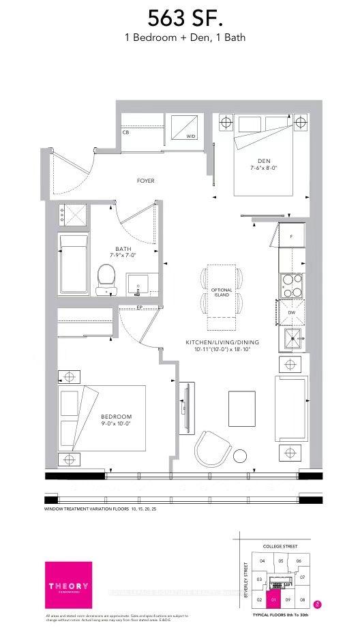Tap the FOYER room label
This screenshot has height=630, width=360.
145,181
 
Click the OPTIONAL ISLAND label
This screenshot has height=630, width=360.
222,293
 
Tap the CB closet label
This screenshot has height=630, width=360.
125,132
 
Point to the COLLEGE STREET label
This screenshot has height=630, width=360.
281,546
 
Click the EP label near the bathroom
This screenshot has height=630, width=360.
140,307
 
